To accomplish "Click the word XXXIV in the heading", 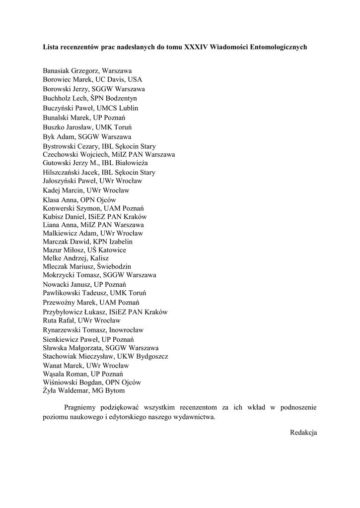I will point(196,47).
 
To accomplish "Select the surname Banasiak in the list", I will point(59,71).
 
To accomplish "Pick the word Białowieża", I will point(131,163).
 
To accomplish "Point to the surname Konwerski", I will point(61,208).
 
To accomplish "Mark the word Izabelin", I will point(118,242).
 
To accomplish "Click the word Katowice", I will point(112,250).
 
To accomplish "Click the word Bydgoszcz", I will point(150,356).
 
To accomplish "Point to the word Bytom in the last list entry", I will point(115,391).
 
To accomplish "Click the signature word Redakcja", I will point(303,432).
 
